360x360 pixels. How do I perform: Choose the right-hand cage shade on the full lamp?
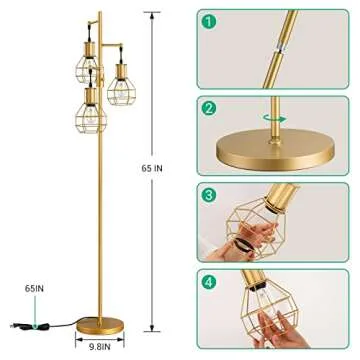123,80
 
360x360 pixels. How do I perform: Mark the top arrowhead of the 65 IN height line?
153,13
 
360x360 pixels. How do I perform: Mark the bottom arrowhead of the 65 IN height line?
153,330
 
